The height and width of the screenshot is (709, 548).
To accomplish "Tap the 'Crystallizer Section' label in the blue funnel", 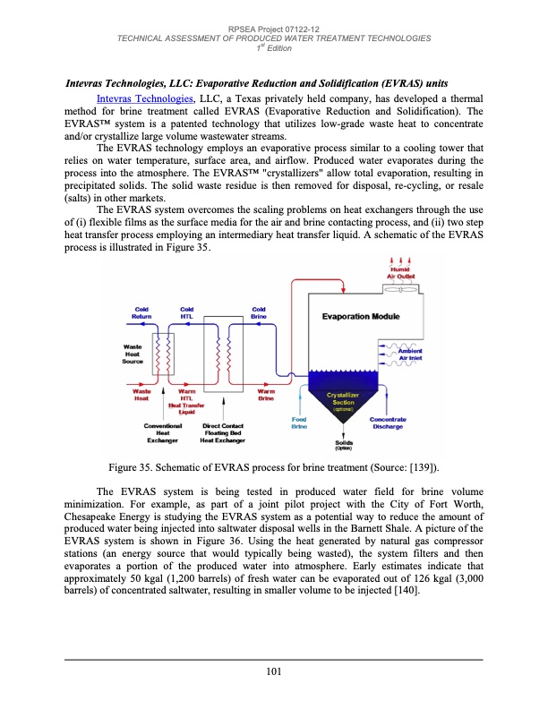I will click(x=344, y=401).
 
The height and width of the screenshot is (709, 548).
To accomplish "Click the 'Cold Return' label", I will click(x=141, y=313).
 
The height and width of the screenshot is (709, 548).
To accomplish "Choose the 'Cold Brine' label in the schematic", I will click(x=259, y=313).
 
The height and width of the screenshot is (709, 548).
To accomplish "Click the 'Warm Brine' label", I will click(x=266, y=395).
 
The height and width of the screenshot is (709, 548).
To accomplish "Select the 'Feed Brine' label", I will click(x=299, y=425).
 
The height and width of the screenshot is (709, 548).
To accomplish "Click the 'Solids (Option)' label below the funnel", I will click(x=344, y=446).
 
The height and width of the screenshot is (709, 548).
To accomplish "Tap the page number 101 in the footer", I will click(x=274, y=673).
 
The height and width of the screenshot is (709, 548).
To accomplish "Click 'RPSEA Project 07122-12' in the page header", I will click(x=274, y=30).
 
